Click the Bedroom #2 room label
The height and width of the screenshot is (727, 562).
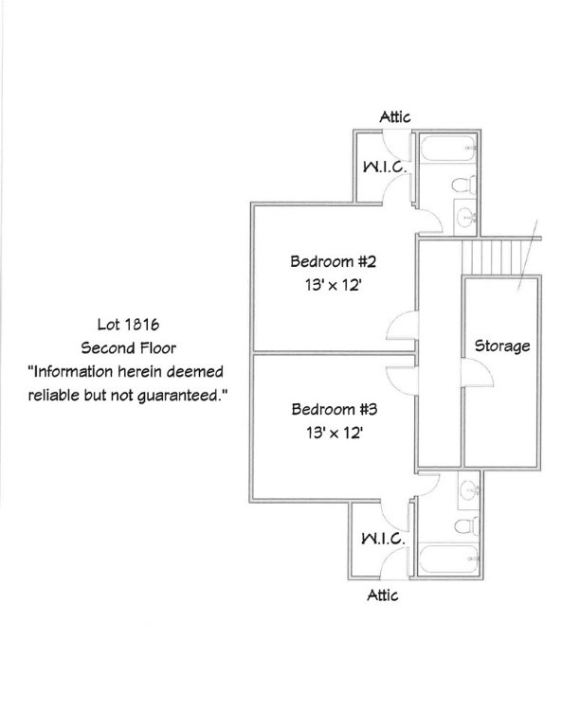[333, 261]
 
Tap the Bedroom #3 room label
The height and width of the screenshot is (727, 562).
[335, 409]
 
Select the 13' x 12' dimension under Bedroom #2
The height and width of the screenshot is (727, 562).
[333, 285]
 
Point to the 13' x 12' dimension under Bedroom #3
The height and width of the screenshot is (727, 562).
[335, 433]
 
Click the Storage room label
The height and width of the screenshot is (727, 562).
[502, 346]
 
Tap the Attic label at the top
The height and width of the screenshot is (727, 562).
[395, 116]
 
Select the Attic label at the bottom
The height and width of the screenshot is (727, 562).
[382, 594]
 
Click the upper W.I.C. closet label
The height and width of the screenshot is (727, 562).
[385, 167]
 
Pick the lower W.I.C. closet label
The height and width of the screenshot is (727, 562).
[383, 539]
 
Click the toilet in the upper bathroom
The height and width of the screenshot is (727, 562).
[464, 185]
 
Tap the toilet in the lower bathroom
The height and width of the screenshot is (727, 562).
[466, 525]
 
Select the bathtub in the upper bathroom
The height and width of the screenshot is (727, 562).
[449, 148]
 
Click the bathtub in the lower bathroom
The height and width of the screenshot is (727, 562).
[448, 559]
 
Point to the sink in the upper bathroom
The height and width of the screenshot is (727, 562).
[466, 217]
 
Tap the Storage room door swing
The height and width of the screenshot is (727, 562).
[477, 373]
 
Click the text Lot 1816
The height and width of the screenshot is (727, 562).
[128, 324]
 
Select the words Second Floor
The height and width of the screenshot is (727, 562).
[129, 347]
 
